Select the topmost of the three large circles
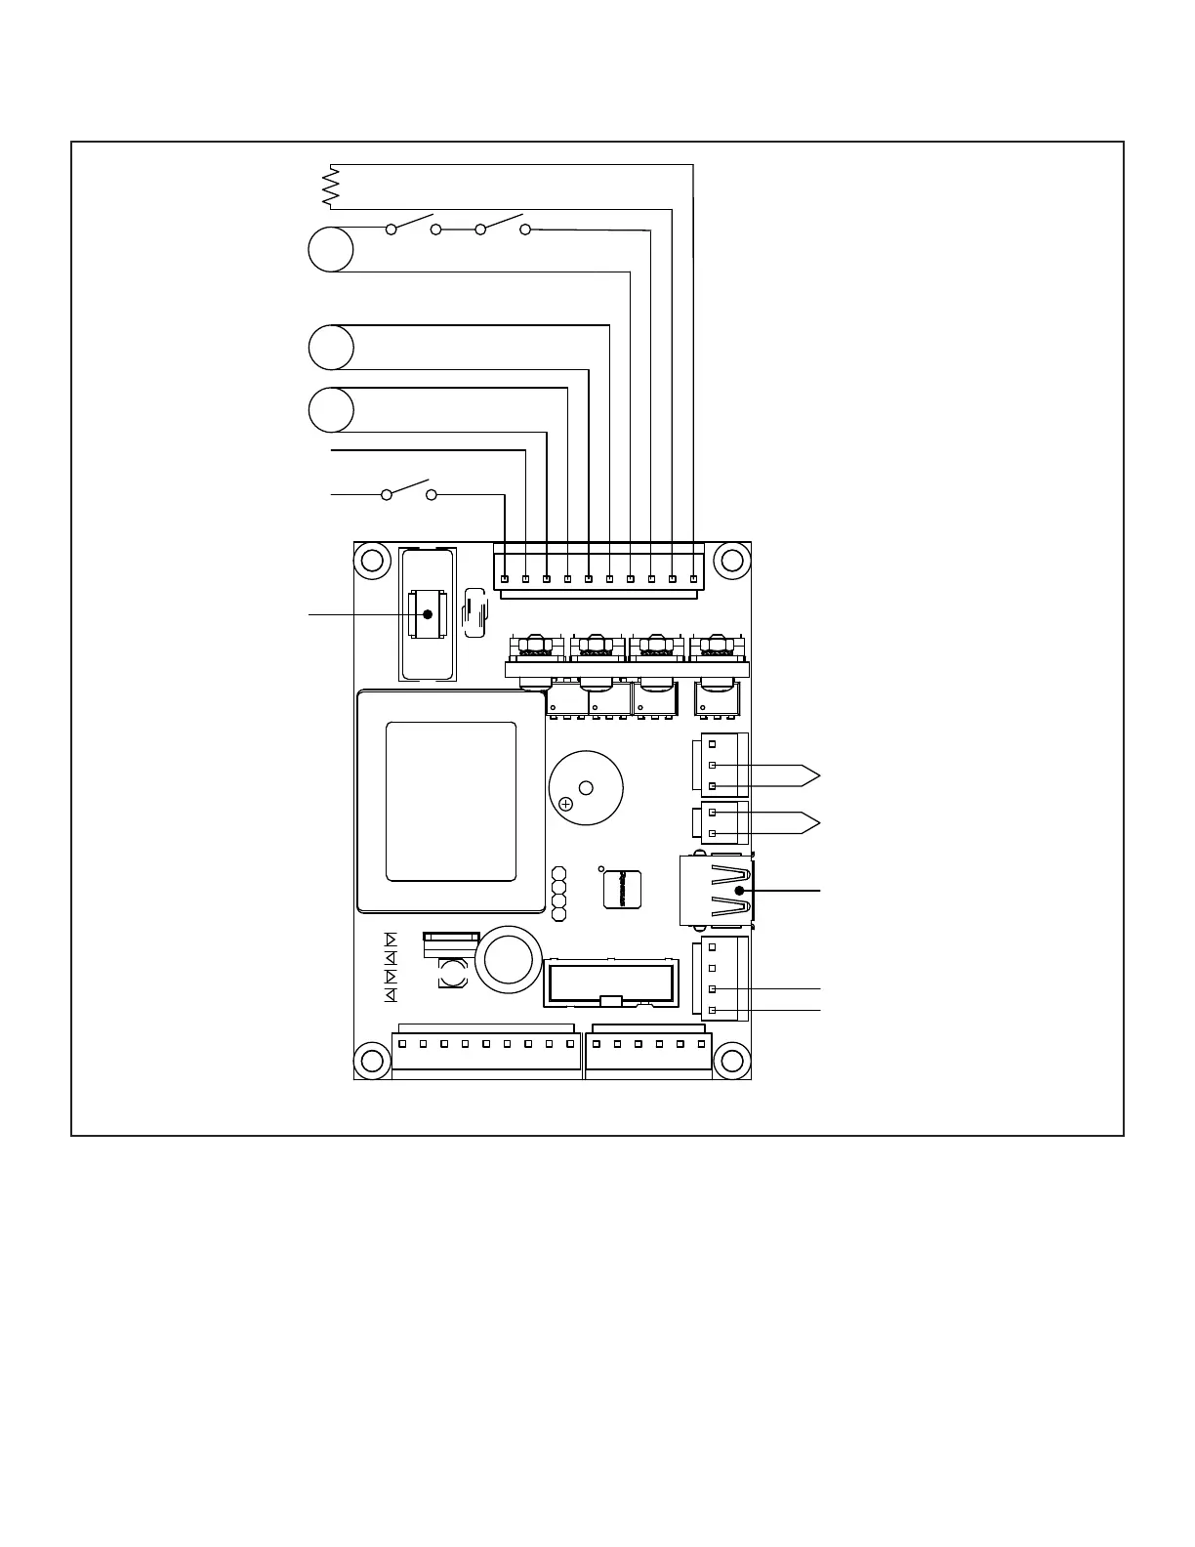pyautogui.click(x=331, y=249)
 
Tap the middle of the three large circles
pyautogui.click(x=331, y=348)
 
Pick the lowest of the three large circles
pyautogui.click(x=331, y=410)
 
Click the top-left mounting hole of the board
pyautogui.click(x=372, y=561)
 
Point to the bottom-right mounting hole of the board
pyautogui.click(x=731, y=1061)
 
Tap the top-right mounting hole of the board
pyautogui.click(x=731, y=561)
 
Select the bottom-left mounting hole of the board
pyautogui.click(x=372, y=1061)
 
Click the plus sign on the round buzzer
pyautogui.click(x=565, y=805)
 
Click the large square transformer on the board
pyautogui.click(x=451, y=801)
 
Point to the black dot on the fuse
pyautogui.click(x=427, y=614)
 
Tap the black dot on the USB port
pyautogui.click(x=740, y=891)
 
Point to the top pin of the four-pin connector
pyautogui.click(x=713, y=946)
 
